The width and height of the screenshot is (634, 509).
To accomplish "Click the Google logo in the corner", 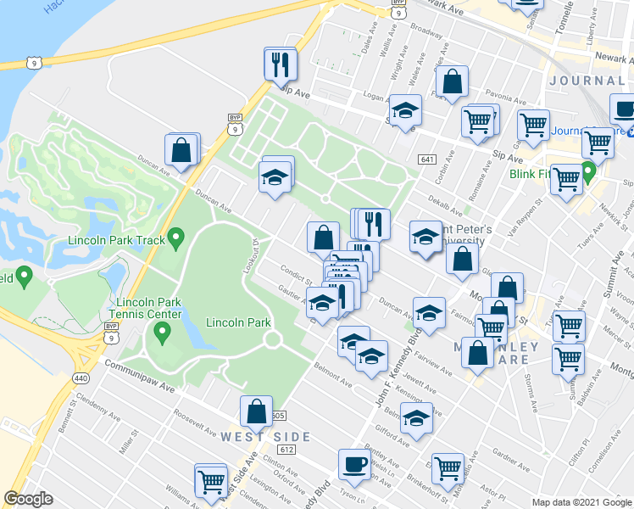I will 28,499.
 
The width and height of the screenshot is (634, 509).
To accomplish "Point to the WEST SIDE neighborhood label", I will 265,436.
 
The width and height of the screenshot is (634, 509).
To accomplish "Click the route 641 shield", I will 426,159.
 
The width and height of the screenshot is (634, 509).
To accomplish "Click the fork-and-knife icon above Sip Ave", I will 281,63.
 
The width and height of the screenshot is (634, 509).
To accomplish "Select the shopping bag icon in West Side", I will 256,411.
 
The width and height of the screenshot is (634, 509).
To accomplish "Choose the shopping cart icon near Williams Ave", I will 211,480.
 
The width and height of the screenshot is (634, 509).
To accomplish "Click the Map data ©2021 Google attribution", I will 581,502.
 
